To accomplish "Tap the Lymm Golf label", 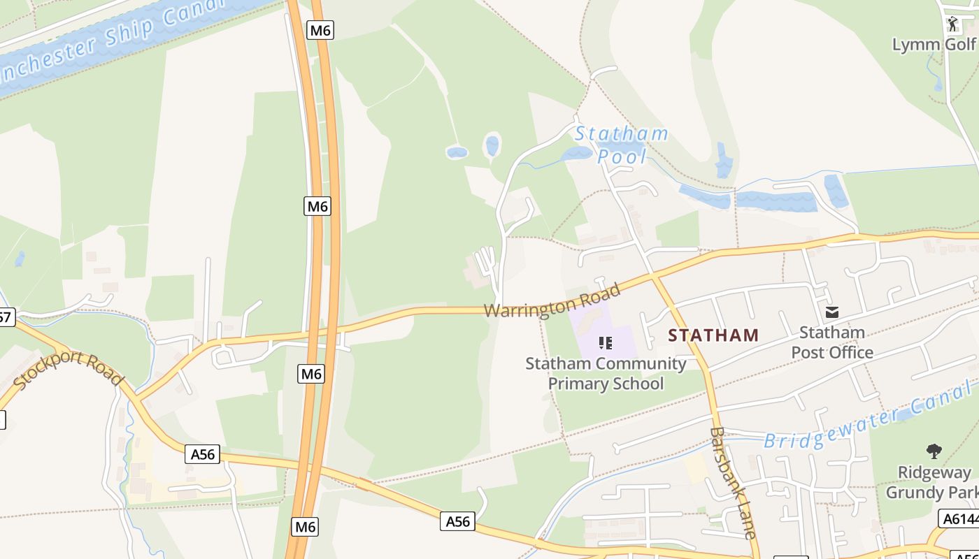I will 934,45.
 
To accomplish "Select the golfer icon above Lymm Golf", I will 952,24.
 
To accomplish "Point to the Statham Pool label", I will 622,145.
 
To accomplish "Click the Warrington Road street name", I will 552,300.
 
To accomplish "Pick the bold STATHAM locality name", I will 713,335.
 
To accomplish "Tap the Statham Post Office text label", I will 832,342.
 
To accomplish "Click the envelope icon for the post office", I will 832,312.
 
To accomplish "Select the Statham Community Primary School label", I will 606,373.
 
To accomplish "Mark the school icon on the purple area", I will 606,342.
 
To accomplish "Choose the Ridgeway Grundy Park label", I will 934,482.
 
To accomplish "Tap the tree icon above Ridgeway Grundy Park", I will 934,451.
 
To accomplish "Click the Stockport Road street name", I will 69,371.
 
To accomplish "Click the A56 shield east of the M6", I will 457,521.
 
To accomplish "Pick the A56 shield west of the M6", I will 203,454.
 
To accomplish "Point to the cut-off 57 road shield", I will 6,317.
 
